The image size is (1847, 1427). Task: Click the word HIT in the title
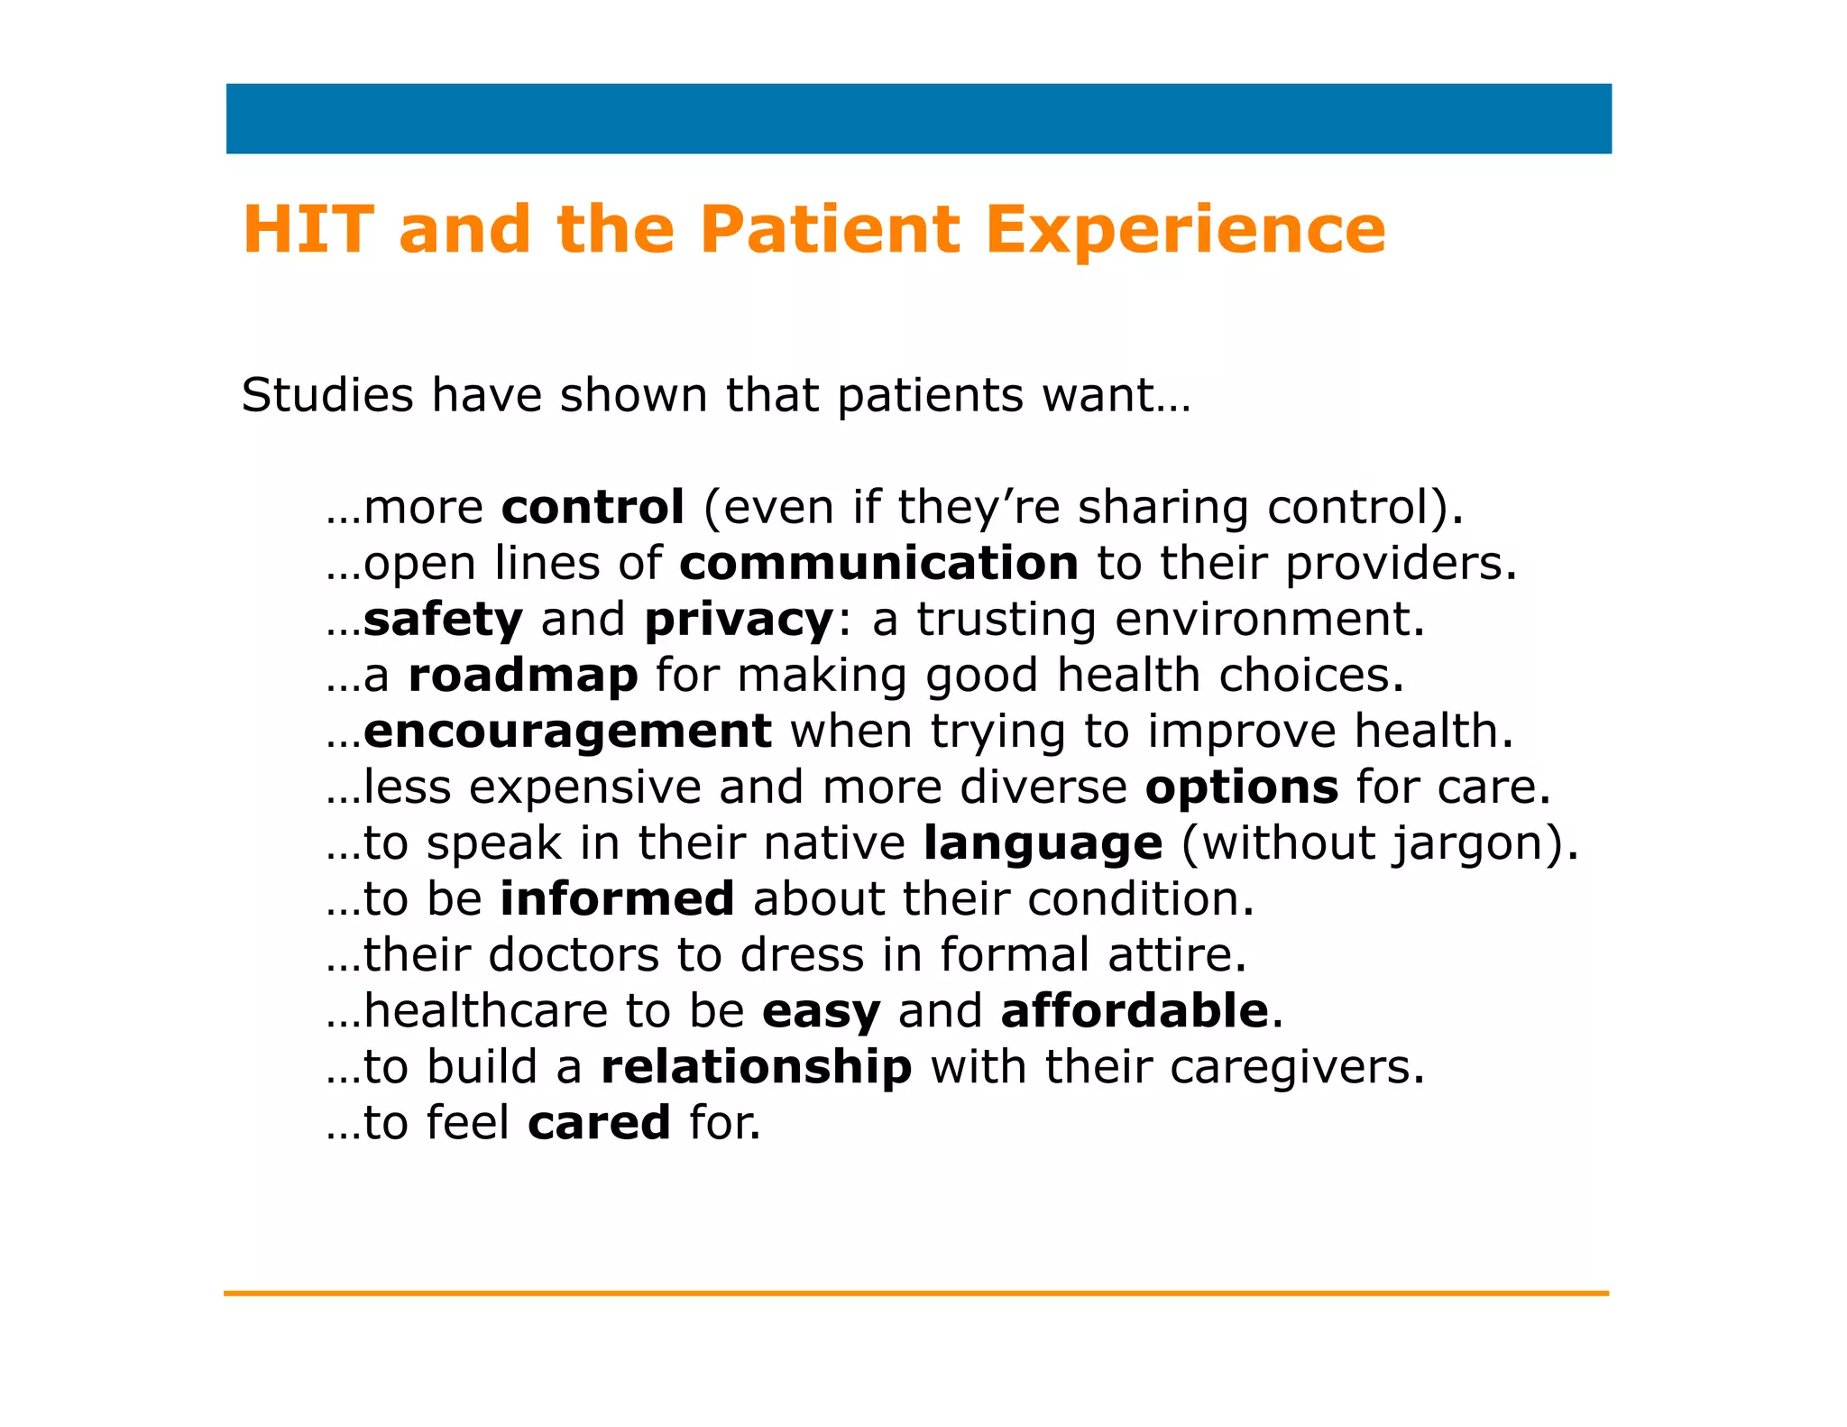click(308, 229)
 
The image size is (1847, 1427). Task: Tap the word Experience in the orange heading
click(1185, 231)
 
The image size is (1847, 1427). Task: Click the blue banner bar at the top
click(918, 118)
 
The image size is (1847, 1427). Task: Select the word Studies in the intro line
click(327, 395)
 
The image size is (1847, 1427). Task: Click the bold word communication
click(878, 563)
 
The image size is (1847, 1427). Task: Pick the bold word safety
click(443, 620)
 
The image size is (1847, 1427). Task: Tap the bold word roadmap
click(523, 675)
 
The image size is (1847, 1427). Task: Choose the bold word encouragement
click(567, 732)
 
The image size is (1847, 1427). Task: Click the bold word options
click(1241, 787)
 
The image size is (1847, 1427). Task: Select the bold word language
click(1043, 844)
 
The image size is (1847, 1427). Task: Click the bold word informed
click(617, 899)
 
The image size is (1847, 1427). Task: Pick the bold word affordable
click(1135, 1010)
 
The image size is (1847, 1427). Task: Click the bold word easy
click(821, 1012)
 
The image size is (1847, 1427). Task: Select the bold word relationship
click(756, 1067)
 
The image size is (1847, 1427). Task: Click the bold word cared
click(599, 1123)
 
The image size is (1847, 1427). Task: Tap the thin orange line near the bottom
click(915, 1293)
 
